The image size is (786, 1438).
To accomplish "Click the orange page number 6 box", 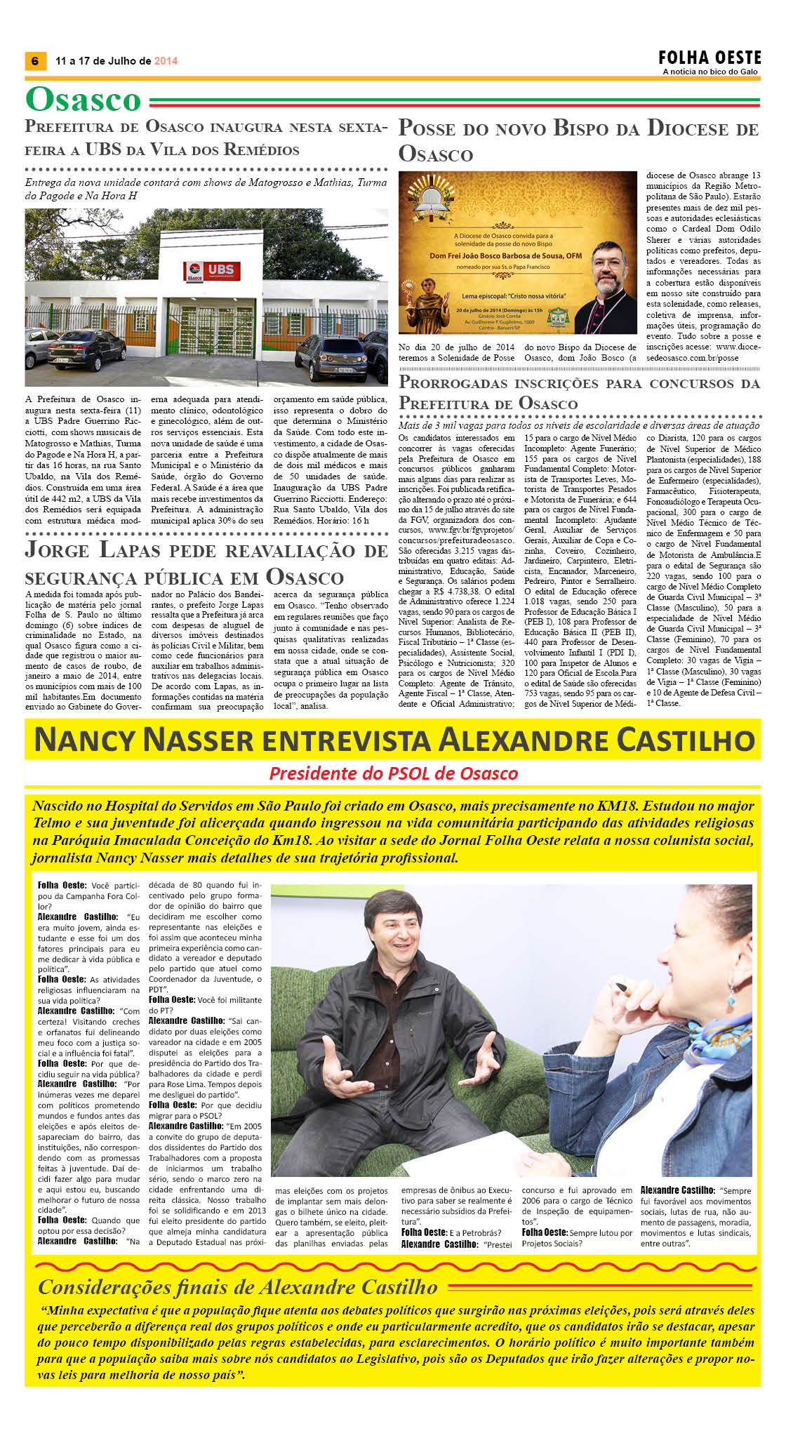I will click(x=34, y=60).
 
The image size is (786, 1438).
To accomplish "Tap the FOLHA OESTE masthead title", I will click(x=710, y=58).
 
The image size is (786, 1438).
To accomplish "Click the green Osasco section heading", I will click(x=84, y=100).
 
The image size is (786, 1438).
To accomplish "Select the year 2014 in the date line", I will click(x=166, y=61).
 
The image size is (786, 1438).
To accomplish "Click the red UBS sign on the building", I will click(x=213, y=270).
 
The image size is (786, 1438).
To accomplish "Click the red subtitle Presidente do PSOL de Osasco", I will click(x=393, y=773).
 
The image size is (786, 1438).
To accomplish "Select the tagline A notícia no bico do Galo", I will click(x=710, y=72).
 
